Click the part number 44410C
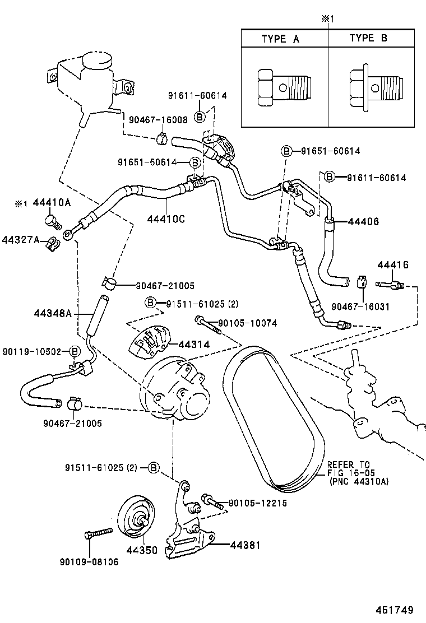(166, 218)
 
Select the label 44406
(362, 222)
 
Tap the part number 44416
(392, 265)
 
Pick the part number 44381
(246, 544)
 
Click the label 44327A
(20, 240)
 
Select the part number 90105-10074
(247, 323)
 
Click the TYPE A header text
(280, 39)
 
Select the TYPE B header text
(368, 38)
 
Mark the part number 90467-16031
(360, 306)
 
